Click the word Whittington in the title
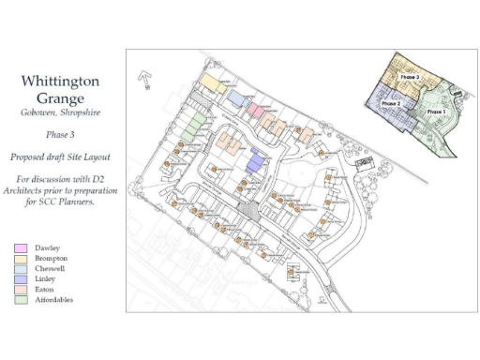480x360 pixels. coord(59,82)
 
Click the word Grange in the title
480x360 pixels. coord(59,97)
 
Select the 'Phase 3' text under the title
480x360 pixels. coord(59,135)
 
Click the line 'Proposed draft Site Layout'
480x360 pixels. coord(59,157)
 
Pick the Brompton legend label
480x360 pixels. coord(52,258)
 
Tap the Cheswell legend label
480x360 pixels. coord(51,268)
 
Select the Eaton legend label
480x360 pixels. coord(46,290)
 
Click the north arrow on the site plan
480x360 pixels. coord(145,79)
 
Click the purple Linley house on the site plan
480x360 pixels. coord(255,161)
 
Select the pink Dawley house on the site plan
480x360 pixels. coord(255,111)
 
